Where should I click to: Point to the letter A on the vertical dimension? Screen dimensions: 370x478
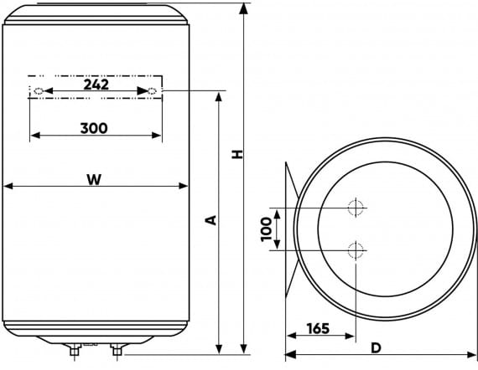211,220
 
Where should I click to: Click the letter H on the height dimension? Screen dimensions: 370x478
237,155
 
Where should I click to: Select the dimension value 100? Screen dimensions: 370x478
267,228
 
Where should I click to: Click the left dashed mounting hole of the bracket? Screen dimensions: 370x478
37,90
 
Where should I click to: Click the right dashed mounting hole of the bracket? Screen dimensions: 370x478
152,90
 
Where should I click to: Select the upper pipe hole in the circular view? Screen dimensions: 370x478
356,207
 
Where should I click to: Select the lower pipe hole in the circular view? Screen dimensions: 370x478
356,249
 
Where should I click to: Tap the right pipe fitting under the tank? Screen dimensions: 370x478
116,349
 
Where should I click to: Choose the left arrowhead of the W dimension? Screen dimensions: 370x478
7,187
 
